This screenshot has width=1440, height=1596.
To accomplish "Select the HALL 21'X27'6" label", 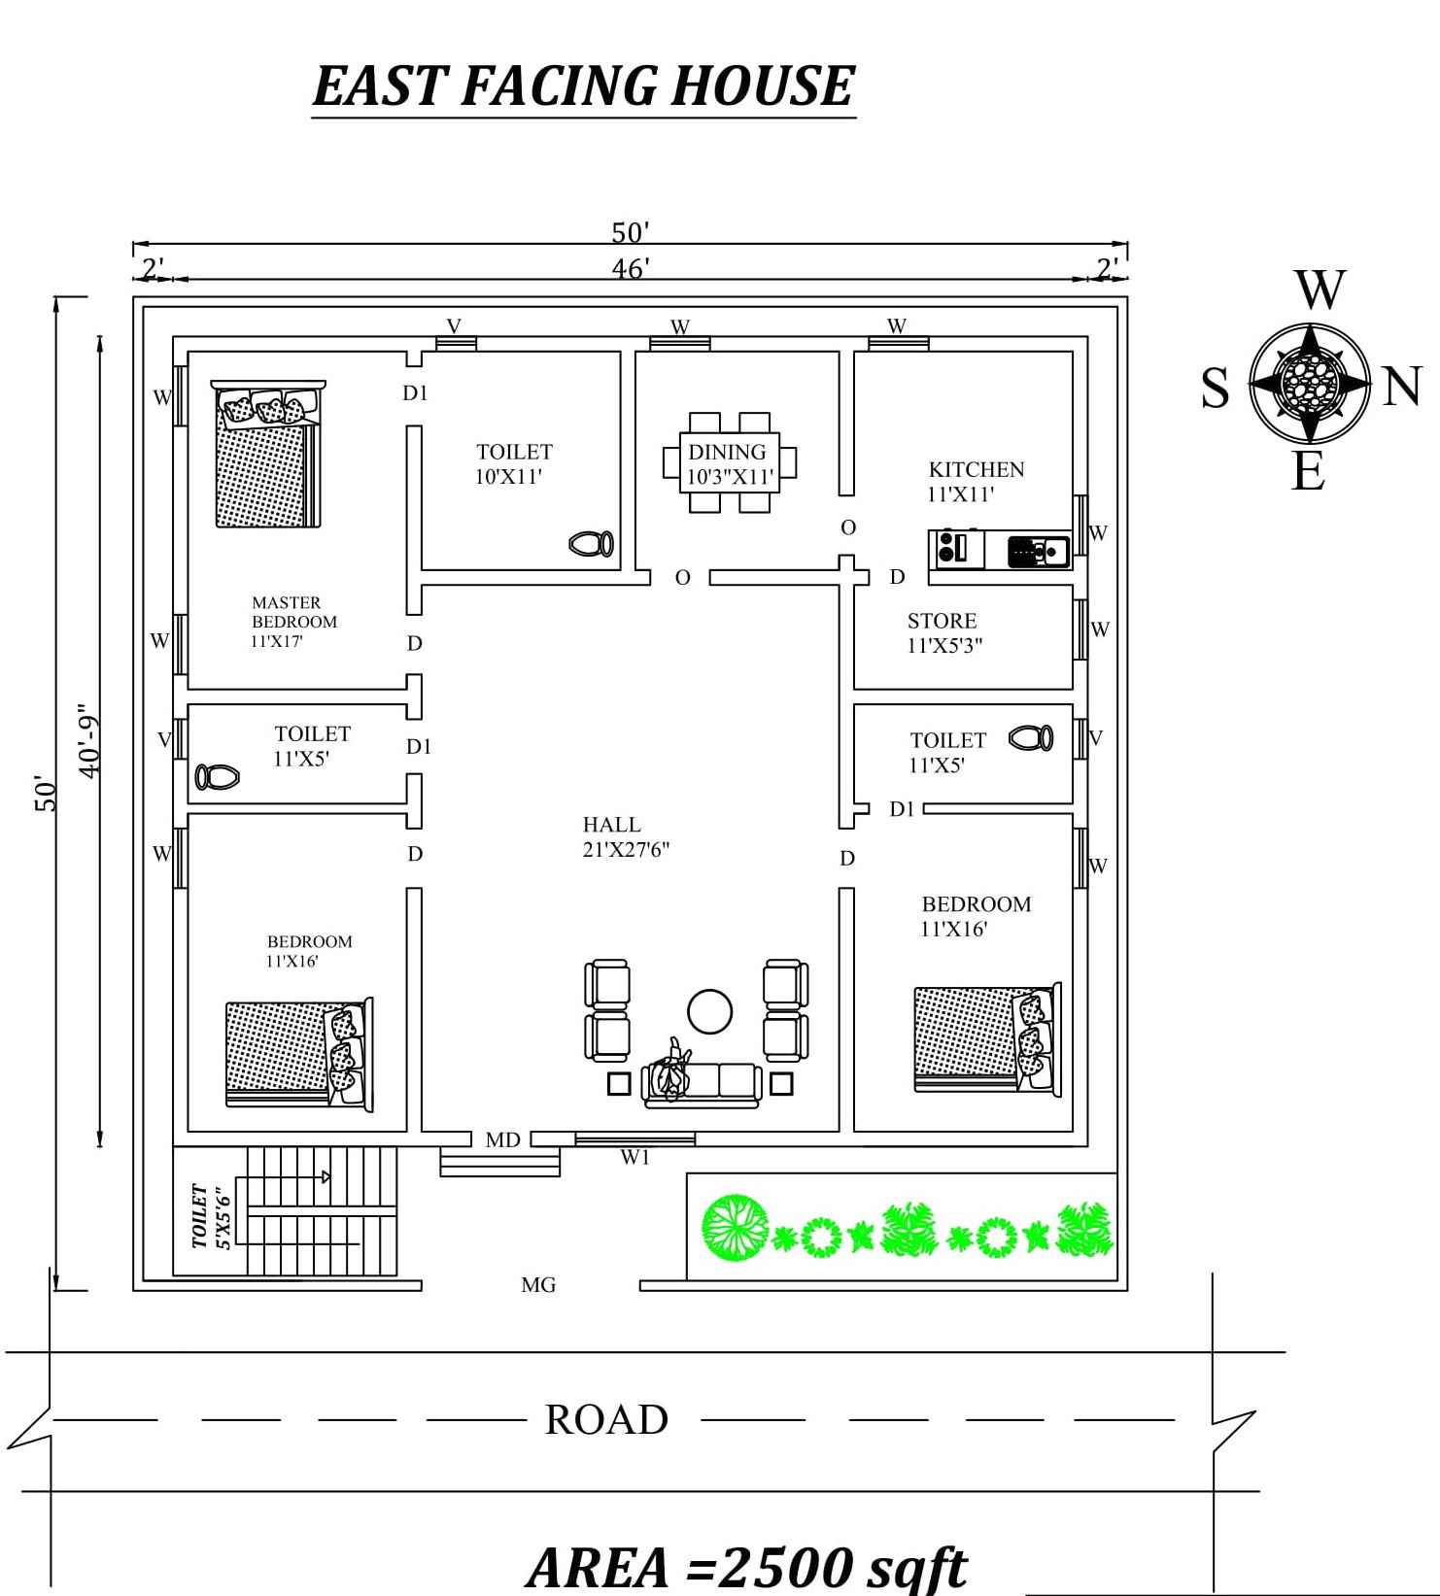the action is [626, 836].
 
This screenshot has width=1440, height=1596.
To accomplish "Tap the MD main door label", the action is [502, 1139].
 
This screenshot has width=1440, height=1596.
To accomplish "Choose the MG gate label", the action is [537, 1284].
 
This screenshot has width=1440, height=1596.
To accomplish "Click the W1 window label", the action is [634, 1157].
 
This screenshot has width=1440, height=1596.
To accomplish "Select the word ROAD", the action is [606, 1419].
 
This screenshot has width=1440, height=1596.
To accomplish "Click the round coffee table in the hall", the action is [710, 1011].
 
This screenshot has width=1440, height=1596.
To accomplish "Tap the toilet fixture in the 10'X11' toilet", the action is [591, 543].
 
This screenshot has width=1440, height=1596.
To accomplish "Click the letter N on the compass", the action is [1400, 387].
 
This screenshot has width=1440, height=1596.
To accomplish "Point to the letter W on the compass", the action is [1320, 289].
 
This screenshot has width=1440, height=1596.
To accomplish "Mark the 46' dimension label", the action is [631, 268].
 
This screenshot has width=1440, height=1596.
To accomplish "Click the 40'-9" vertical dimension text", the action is [89, 740].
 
